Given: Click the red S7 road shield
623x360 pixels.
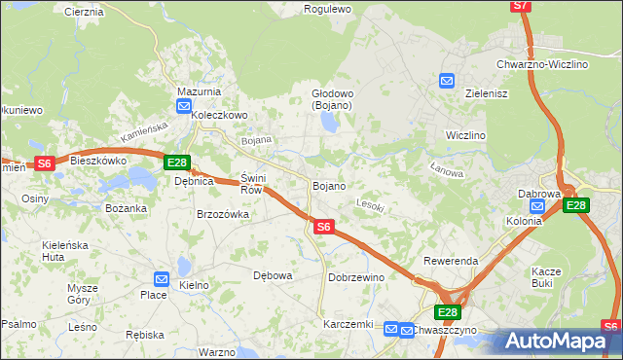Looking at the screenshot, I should pos(522,6).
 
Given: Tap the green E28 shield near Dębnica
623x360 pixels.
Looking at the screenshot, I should pos(177,162).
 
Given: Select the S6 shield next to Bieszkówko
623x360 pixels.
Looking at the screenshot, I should pos(44,163).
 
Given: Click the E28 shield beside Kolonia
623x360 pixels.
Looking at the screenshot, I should pos(576,205).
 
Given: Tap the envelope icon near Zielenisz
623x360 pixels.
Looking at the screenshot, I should pos(447,82).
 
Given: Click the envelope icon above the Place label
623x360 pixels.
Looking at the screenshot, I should pos(162,279).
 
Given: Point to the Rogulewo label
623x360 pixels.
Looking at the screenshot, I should pos(327,9).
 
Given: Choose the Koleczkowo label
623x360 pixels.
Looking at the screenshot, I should pos(220,114).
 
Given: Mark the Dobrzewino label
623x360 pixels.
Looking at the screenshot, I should pos(356,277).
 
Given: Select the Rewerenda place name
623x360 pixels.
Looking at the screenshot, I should pos(450,262).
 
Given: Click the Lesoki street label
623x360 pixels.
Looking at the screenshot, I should pos(371,205).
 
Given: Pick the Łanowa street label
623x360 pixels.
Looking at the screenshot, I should pos(446,169).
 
